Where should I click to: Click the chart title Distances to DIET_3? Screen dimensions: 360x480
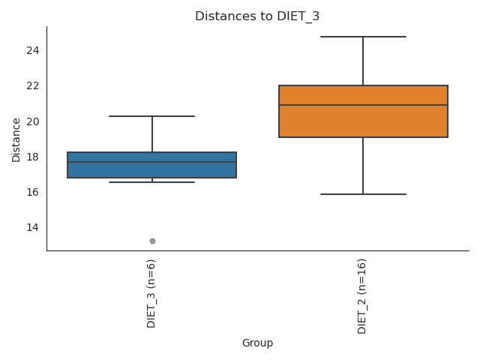[x=257, y=16]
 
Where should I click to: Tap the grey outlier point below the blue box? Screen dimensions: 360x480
[x=152, y=241]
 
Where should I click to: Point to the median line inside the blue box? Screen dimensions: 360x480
[x=152, y=162]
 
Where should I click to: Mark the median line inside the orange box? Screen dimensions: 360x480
[x=363, y=105]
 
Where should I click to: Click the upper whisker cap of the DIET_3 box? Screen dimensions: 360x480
[x=152, y=116]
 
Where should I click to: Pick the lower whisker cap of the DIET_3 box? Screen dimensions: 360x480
[x=152, y=182]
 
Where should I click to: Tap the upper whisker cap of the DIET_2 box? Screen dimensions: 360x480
[x=363, y=37]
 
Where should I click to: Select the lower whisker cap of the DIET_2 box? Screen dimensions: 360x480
[x=363, y=194]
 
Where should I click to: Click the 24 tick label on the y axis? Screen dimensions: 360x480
[x=32, y=50]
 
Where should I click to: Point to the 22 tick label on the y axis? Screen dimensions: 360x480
[x=32, y=85]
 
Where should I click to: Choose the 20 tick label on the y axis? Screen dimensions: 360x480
[x=32, y=121]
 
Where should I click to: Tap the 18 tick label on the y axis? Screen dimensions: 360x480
[x=32, y=157]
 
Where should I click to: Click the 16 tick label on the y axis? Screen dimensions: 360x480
[x=32, y=192]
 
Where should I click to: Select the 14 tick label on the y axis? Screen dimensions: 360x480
[x=32, y=227]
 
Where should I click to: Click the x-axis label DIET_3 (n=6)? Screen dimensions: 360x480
[x=151, y=293]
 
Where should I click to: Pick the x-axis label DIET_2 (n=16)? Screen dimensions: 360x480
[x=362, y=295]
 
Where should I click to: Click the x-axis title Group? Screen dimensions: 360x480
[x=257, y=343]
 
